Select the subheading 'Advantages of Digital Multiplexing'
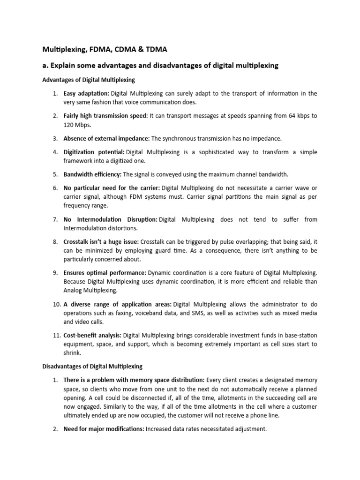(x=89, y=80)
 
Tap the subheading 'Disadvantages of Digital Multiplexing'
(x=92, y=366)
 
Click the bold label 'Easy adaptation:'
(x=86, y=93)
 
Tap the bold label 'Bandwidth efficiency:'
(x=92, y=174)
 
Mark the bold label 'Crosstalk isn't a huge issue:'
(x=101, y=241)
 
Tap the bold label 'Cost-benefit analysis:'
(x=92, y=335)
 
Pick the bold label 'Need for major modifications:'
(x=104, y=429)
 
